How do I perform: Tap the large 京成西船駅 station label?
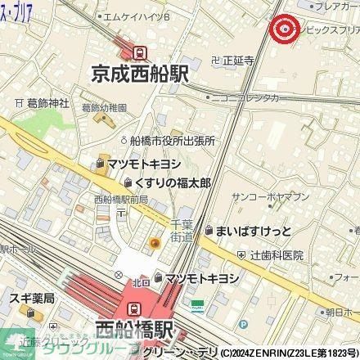(x=140, y=74)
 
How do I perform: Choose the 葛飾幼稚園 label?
(x=104, y=107)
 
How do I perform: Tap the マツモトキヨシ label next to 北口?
(x=200, y=278)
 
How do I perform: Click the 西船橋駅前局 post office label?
(x=120, y=200)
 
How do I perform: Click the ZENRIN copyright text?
(x=294, y=353)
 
